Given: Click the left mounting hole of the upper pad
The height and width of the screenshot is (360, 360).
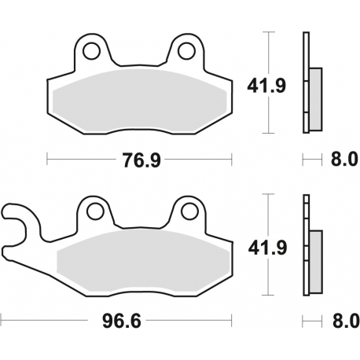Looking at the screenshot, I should (x=94, y=52).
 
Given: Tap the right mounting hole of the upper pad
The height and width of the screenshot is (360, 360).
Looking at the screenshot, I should (x=186, y=52).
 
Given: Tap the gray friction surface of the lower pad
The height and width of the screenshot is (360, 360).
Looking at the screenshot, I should (x=141, y=259).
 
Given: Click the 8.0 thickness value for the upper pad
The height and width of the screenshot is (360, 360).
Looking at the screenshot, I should (x=342, y=160).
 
